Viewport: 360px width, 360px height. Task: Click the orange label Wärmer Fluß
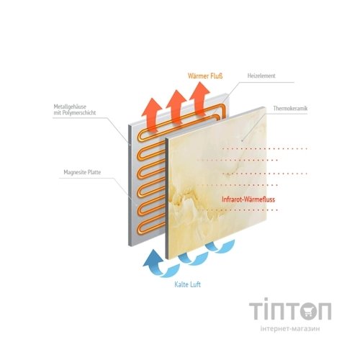(x=205, y=76)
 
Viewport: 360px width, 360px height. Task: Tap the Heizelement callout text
(x=261, y=76)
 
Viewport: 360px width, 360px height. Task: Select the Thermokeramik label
(x=290, y=108)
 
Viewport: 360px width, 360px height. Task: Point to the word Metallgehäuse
(x=70, y=107)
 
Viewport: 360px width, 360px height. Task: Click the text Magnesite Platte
(x=82, y=172)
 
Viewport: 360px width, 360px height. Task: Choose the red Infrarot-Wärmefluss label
(x=248, y=199)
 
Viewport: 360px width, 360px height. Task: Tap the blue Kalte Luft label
(x=187, y=284)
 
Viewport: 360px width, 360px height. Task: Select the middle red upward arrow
(x=176, y=106)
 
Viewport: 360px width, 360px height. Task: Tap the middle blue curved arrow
(x=193, y=258)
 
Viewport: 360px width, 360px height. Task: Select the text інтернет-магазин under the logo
(x=290, y=328)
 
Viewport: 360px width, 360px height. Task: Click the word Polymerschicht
(x=79, y=112)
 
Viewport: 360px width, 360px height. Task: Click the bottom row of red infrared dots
(x=238, y=210)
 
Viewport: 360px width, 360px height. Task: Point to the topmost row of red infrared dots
(x=265, y=149)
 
